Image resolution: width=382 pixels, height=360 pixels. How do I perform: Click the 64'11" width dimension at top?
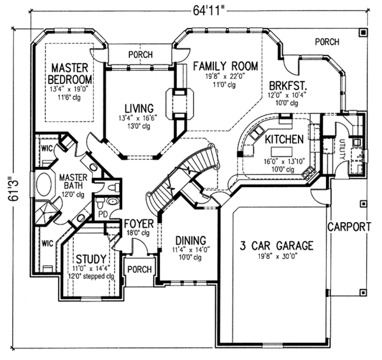tap(208, 10)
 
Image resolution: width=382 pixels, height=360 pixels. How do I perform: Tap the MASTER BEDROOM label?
tap(70, 74)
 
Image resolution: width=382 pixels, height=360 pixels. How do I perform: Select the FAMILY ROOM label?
tap(225, 66)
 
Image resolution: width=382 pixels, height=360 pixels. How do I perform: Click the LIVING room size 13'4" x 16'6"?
tap(138, 118)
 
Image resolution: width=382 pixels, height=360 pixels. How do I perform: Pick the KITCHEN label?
tap(285, 139)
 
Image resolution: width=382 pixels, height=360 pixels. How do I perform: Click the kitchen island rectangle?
tap(282, 152)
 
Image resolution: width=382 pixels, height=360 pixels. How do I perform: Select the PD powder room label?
tap(103, 214)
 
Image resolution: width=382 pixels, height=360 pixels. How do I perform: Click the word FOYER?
tap(139, 224)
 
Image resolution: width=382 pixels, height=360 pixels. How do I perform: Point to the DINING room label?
tap(191, 240)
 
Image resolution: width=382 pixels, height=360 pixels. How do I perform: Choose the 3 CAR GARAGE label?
tap(276, 246)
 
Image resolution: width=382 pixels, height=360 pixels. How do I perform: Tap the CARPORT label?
tap(350, 227)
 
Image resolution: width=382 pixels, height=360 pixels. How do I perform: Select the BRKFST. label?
tap(288, 86)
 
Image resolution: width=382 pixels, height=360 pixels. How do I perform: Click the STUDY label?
tap(91, 260)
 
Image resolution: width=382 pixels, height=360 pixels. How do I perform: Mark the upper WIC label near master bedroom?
tap(46, 148)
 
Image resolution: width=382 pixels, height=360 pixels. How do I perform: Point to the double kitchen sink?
tap(257, 132)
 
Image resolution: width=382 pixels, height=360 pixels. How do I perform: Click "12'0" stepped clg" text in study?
tap(91, 276)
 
